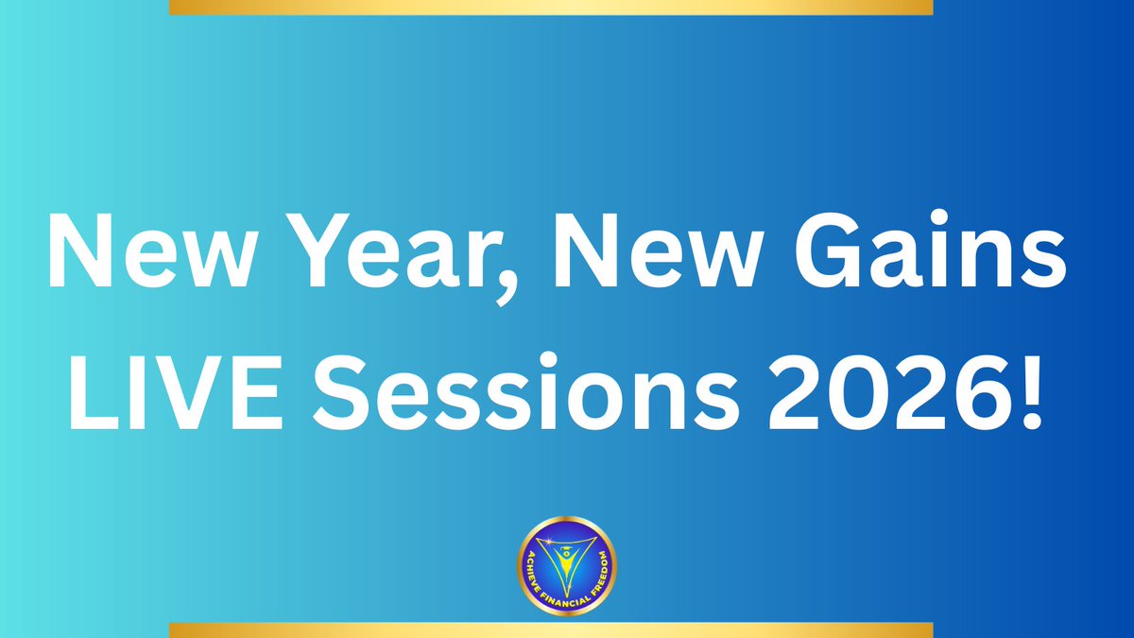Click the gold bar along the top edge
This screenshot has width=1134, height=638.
pyautogui.click(x=550, y=8)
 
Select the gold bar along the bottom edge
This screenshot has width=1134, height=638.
pyautogui.click(x=550, y=630)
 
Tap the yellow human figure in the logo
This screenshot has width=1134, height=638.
pyautogui.click(x=567, y=558)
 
